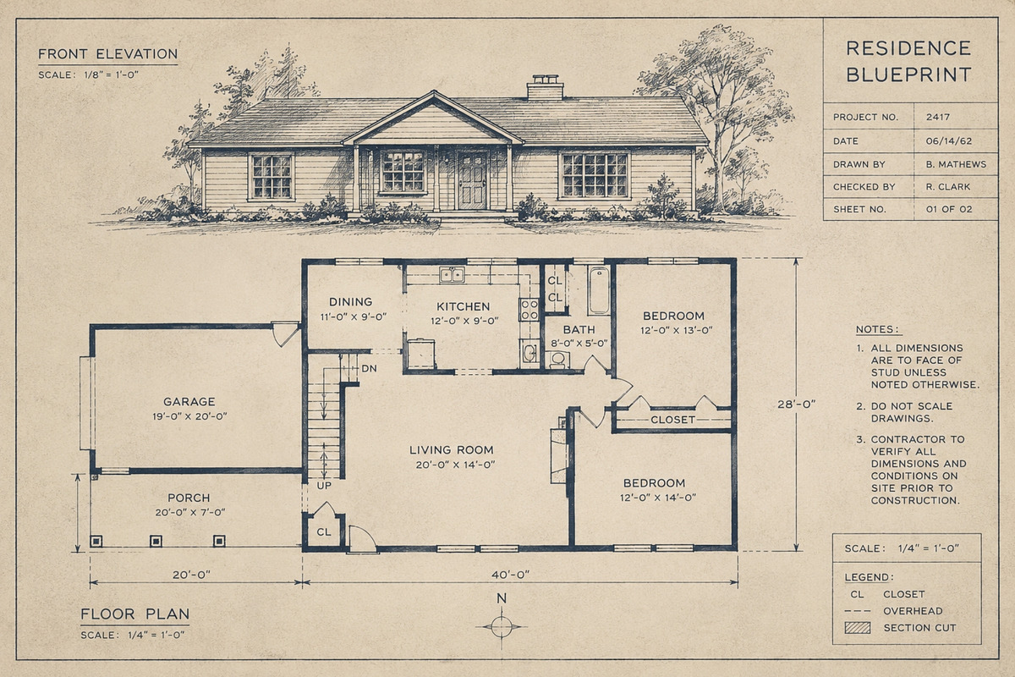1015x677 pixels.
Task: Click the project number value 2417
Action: pos(937,117)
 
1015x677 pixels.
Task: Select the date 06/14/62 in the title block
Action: pos(949,141)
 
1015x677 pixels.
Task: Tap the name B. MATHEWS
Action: pos(956,164)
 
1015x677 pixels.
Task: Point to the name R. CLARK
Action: pos(948,187)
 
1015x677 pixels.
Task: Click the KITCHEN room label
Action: pos(464,306)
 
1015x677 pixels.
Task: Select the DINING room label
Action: pos(351,302)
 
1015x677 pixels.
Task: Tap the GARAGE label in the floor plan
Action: pos(189,402)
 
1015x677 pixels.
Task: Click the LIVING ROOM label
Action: pos(452,450)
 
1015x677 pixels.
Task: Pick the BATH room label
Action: pos(579,330)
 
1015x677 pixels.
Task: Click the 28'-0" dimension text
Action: pos(796,404)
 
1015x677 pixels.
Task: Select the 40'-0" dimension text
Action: pos(511,575)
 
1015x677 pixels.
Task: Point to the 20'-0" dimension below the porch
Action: pos(192,575)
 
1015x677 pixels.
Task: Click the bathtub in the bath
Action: pos(599,290)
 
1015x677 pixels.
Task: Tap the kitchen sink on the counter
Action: pos(452,275)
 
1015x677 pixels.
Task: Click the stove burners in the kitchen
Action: pos(529,309)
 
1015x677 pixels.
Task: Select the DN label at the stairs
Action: pos(370,369)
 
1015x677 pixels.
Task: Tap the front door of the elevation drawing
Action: pos(472,180)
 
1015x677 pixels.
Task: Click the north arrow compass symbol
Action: pos(502,627)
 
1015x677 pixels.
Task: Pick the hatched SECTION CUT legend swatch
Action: pos(858,628)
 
